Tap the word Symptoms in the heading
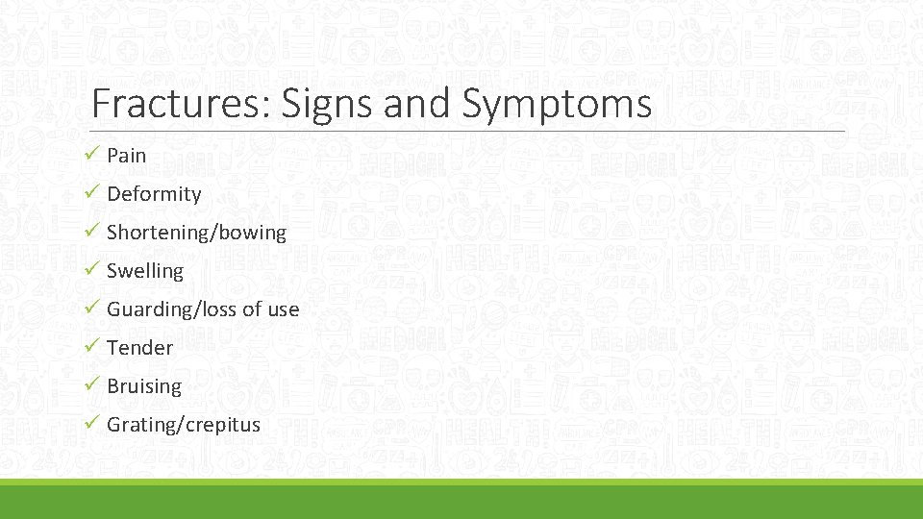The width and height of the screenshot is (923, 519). (x=557, y=104)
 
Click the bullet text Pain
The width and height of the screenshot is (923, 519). (x=127, y=155)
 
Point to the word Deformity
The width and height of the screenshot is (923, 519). (x=154, y=194)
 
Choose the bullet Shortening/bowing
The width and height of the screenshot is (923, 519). (x=196, y=233)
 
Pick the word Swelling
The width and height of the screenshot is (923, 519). (x=145, y=271)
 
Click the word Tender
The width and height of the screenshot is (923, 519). (x=140, y=348)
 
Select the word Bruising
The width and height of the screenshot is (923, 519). (x=144, y=386)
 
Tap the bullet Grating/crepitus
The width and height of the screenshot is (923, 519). (x=184, y=425)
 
